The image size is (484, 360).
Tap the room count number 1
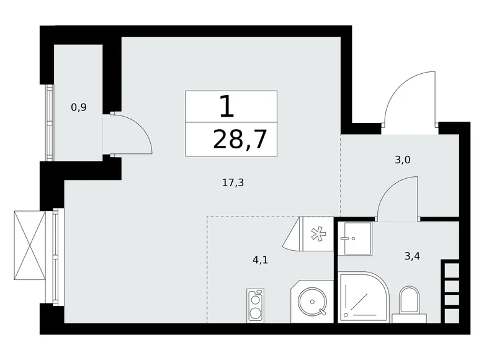point(227,107)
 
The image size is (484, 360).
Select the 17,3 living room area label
point(232,182)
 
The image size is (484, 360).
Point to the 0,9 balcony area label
point(79,107)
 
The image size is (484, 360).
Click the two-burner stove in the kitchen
point(255,304)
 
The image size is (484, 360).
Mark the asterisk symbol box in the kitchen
point(316,234)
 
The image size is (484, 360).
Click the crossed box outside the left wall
point(29,245)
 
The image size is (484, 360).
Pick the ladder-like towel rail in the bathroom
point(450,290)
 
